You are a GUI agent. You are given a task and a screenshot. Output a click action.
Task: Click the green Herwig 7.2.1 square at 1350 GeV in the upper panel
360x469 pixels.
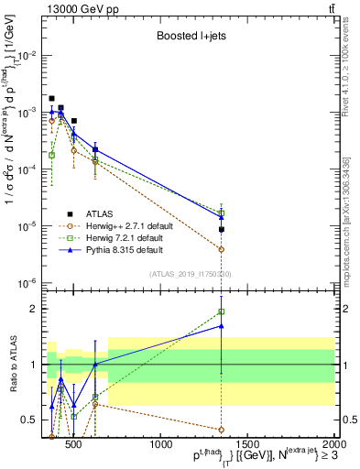[x=222, y=213]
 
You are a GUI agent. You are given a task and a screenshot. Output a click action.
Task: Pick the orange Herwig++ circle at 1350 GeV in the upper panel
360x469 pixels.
[x=222, y=249]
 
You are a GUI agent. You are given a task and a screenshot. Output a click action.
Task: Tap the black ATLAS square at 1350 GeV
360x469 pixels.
[x=222, y=229]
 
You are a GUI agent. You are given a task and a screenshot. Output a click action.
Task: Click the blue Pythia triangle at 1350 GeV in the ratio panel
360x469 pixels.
[x=222, y=325]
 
